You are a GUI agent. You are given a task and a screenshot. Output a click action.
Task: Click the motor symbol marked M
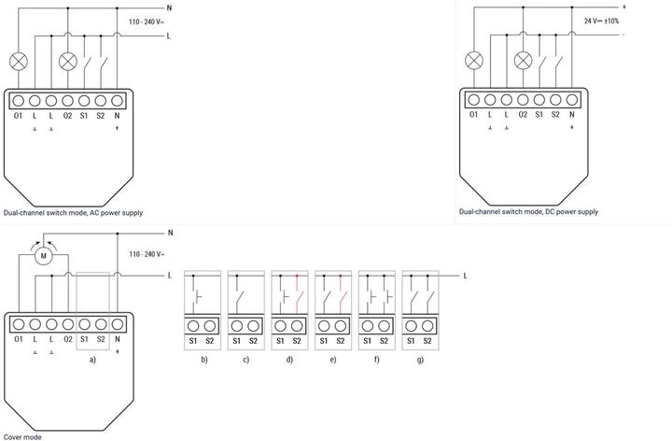[43, 256]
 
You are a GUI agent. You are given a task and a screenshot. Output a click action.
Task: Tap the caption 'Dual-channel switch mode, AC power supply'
[73, 213]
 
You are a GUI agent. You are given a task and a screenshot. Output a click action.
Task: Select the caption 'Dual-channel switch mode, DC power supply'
[528, 212]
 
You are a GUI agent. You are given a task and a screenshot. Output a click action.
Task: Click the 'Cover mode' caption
[22, 437]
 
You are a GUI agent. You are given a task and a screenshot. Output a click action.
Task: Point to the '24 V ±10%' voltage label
[601, 21]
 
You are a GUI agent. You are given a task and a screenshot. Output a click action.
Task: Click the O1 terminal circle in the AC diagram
[18, 101]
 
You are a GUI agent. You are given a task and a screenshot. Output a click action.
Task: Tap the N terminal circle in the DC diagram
[572, 100]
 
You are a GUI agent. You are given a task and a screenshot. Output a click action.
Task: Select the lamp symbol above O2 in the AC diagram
[68, 62]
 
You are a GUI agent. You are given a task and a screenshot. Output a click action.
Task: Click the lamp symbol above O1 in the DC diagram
[473, 61]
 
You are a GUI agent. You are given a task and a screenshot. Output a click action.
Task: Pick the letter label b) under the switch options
[204, 360]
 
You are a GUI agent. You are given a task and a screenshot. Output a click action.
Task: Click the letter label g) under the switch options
[420, 360]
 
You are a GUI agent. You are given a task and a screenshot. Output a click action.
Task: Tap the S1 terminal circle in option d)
[280, 326]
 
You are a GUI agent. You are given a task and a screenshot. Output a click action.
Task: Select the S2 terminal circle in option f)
[384, 326]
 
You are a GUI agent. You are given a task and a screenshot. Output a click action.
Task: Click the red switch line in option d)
[298, 296]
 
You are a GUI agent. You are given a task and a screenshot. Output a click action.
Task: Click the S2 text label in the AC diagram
[100, 116]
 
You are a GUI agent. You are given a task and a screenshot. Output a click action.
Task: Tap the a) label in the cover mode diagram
[92, 360]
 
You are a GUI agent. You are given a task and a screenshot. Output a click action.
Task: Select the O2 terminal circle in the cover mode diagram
[68, 324]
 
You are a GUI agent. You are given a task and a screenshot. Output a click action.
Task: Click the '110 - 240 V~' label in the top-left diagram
[147, 21]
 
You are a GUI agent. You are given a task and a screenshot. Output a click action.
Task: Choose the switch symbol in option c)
[239, 296]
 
